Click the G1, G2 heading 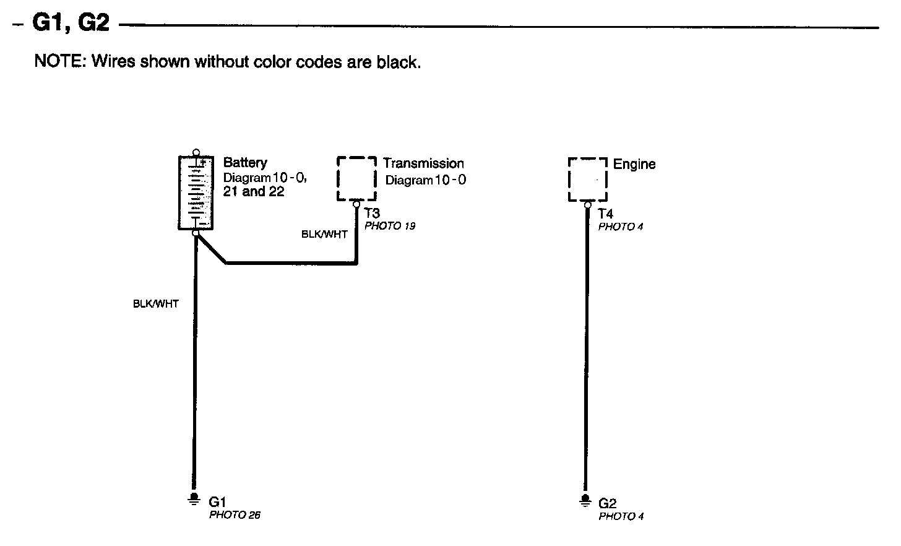click(70, 23)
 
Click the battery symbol click(196, 193)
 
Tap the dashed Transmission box click(356, 178)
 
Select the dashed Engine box click(587, 180)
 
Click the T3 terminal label click(372, 214)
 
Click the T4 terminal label click(605, 214)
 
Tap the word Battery click(245, 163)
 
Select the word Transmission click(423, 163)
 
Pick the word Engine click(634, 164)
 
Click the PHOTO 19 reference click(390, 226)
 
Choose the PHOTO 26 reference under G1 click(235, 515)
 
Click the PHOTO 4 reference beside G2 click(621, 516)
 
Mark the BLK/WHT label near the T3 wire click(324, 235)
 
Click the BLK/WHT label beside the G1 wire click(156, 304)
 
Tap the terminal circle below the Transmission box click(356, 204)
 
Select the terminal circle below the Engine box click(587, 205)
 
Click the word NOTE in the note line click(59, 62)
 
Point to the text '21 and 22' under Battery click(253, 191)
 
